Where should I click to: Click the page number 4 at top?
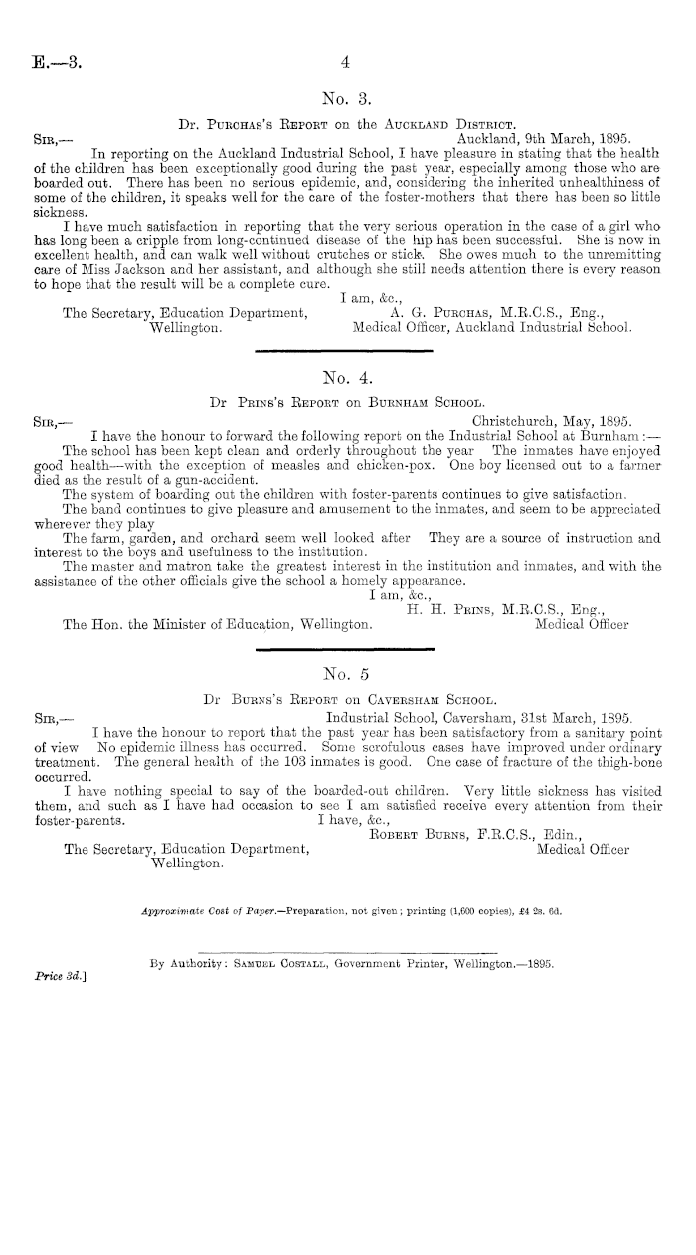347,62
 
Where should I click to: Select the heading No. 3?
347,98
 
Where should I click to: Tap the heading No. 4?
347,377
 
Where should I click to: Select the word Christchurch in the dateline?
505,418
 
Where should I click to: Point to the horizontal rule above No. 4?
347,349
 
